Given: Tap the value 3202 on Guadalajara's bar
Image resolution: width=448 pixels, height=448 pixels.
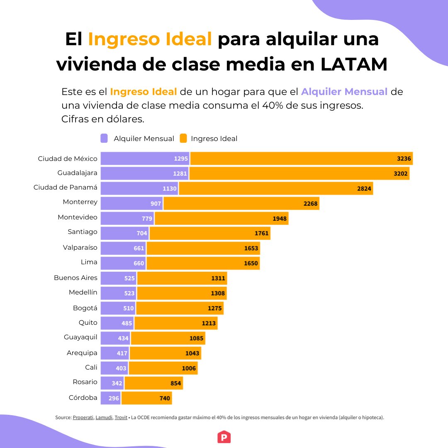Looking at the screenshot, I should (400, 173).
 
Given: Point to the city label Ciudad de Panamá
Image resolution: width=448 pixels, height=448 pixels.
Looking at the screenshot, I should (66, 187).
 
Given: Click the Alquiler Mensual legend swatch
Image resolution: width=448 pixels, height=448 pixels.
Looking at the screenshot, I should (104, 139).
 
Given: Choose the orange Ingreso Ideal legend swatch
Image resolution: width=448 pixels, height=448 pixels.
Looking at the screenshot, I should (183, 139).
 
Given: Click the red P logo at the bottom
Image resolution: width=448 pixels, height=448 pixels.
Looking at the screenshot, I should (224, 437).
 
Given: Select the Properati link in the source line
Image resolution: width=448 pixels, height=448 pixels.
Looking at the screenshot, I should (83, 418).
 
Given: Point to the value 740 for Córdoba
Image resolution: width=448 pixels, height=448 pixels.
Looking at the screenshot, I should (165, 398).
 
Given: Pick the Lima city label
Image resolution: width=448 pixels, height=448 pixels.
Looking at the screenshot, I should (89, 262).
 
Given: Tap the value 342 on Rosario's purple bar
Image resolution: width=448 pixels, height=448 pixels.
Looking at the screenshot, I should (117, 383).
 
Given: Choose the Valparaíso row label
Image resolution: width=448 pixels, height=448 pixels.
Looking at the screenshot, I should (80, 247).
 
